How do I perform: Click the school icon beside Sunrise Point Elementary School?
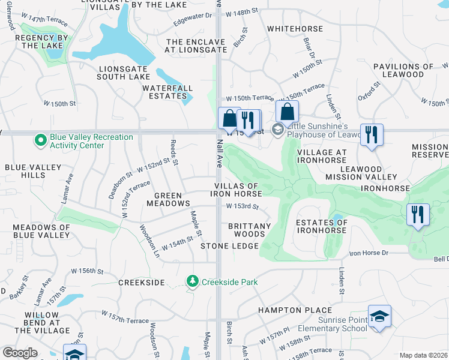(379, 317)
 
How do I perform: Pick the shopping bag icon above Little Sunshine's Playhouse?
(288, 112)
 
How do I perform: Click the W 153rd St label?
(242, 206)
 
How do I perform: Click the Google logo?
(20, 353)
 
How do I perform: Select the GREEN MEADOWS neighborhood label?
(168, 199)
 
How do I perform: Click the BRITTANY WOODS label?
(246, 230)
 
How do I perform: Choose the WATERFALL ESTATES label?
(167, 92)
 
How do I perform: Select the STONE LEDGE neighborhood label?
(229, 246)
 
